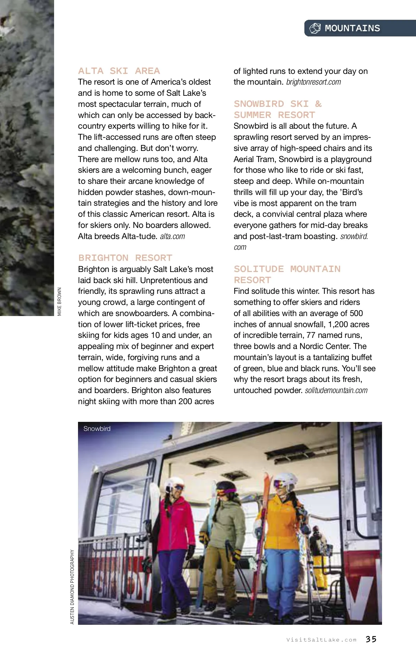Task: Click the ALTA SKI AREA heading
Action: pyautogui.click(x=119, y=71)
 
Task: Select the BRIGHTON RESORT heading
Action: pyautogui.click(x=125, y=258)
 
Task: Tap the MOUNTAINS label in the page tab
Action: pyautogui.click(x=352, y=28)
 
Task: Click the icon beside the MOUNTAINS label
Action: pyautogui.click(x=315, y=28)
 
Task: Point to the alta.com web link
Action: pyautogui.click(x=172, y=236)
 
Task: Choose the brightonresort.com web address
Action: pyautogui.click(x=313, y=82)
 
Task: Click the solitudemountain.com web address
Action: pyautogui.click(x=336, y=390)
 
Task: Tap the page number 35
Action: pyautogui.click(x=371, y=639)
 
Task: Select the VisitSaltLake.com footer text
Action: pyautogui.click(x=321, y=640)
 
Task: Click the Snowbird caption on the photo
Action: pyautogui.click(x=97, y=429)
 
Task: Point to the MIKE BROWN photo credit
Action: pyautogui.click(x=60, y=301)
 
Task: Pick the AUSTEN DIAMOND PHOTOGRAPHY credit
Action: pyautogui.click(x=72, y=587)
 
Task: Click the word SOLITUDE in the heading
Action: pyautogui.click(x=259, y=269)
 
